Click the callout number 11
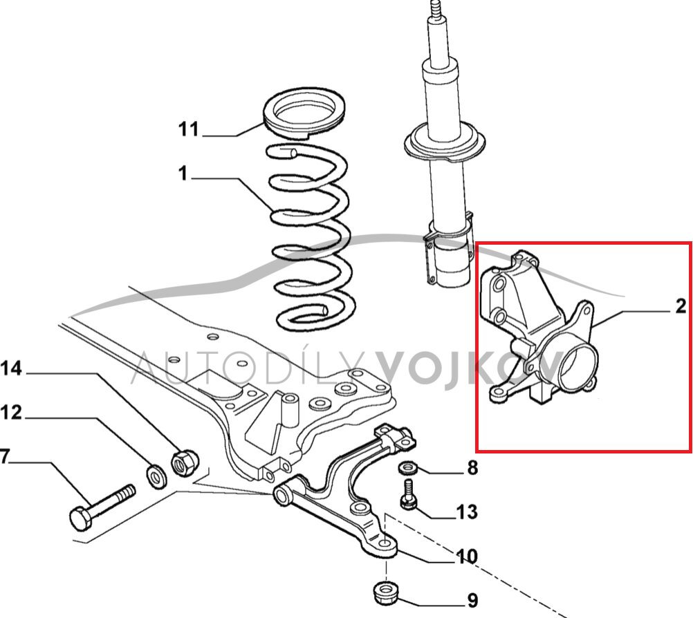[x=188, y=129]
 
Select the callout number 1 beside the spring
[x=183, y=174]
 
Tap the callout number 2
[x=680, y=306]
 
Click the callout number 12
[x=11, y=413]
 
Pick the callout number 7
[x=5, y=457]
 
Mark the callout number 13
[x=467, y=512]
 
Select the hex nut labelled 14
[x=183, y=462]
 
